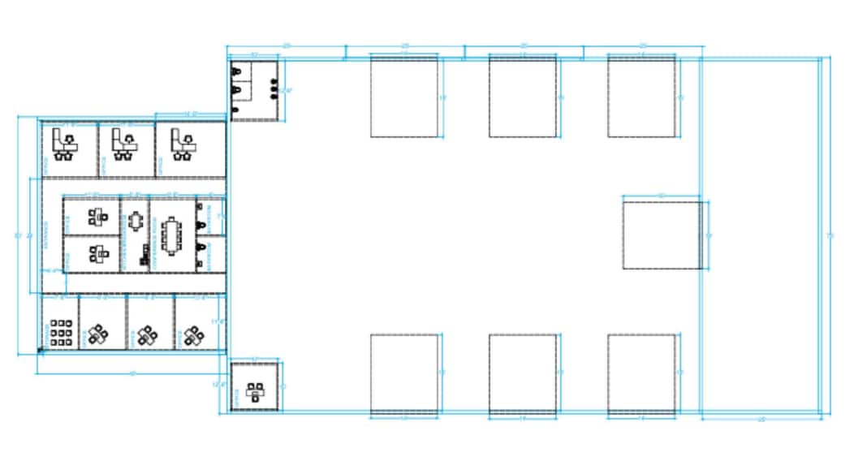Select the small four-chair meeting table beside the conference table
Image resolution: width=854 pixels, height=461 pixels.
pos(136,221)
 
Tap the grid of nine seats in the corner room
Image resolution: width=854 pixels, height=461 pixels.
pos(62,333)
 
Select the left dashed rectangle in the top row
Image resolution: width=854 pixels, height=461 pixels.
pos(404,97)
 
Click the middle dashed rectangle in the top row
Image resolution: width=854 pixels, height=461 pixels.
pos(523,97)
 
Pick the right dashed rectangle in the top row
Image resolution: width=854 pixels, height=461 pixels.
pos(641,97)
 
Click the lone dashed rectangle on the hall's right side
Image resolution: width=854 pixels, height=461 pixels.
pos(662,233)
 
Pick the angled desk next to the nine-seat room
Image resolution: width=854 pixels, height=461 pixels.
pos(99,334)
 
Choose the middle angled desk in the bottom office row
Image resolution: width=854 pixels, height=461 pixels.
pos(147,334)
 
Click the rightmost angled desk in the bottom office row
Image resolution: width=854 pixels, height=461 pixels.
pos(193,334)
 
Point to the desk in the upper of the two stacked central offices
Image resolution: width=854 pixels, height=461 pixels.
pos(97,216)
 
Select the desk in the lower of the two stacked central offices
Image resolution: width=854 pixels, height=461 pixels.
pos(97,254)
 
